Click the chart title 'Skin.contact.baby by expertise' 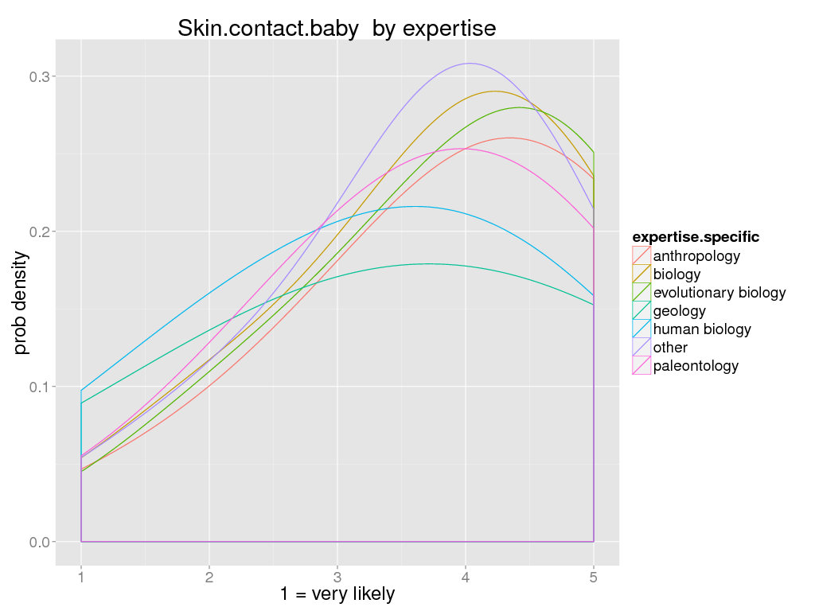pos(337,29)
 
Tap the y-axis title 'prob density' pos(22,303)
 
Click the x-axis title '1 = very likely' pos(337,593)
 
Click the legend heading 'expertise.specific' pos(695,237)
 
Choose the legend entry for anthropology pos(696,256)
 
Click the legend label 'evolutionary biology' pos(719,293)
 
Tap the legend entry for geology pos(679,311)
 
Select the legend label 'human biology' pos(701,329)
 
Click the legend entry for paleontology pos(696,366)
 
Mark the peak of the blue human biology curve pos(415,207)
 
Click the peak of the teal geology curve pos(428,263)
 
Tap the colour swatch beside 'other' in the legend pos(641,348)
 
